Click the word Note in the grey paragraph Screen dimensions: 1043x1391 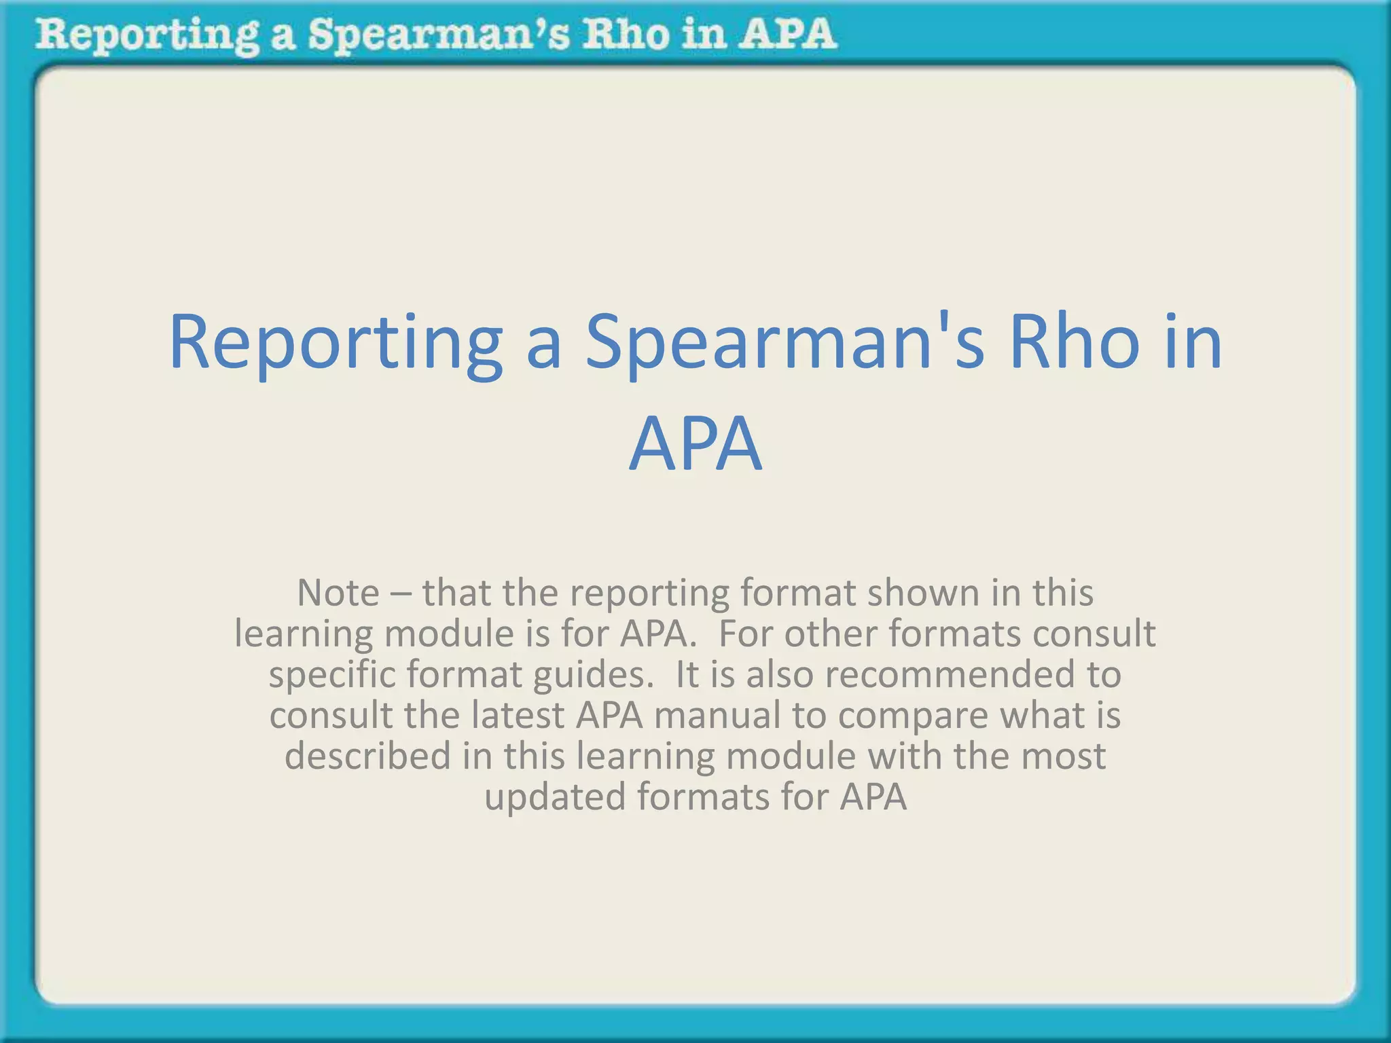click(x=338, y=593)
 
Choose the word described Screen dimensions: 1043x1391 click(x=367, y=756)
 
